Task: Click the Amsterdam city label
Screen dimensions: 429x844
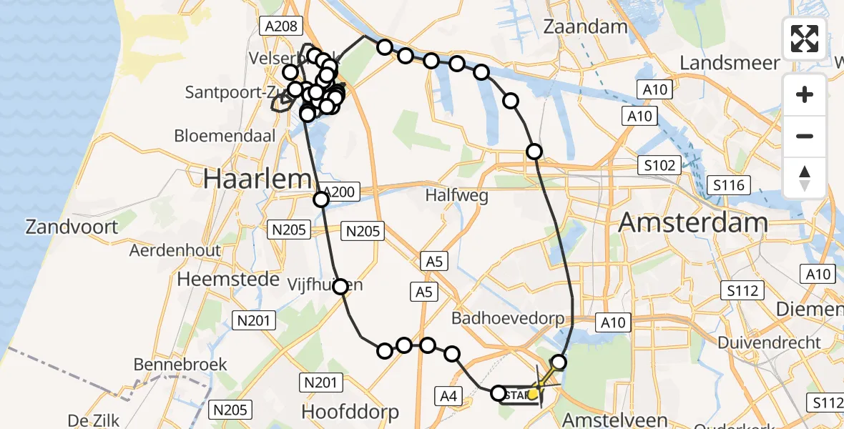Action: pyautogui.click(x=692, y=223)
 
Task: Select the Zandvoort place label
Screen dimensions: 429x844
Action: pyautogui.click(x=72, y=227)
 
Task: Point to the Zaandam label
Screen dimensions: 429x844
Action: pyautogui.click(x=585, y=27)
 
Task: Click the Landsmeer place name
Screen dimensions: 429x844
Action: pyautogui.click(x=730, y=63)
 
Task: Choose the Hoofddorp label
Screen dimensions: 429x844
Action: pyautogui.click(x=350, y=412)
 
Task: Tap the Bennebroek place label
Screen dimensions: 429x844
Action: pyautogui.click(x=180, y=365)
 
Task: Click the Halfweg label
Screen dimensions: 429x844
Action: pyautogui.click(x=456, y=195)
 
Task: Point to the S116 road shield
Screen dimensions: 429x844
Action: pyautogui.click(x=728, y=186)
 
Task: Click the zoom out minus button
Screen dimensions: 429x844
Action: pyautogui.click(x=805, y=136)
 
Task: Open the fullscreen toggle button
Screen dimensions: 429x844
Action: pyautogui.click(x=805, y=39)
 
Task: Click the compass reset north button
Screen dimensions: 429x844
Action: pyautogui.click(x=805, y=177)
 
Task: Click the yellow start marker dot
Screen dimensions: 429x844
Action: pyautogui.click(x=533, y=393)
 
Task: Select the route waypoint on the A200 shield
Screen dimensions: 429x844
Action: pyautogui.click(x=321, y=199)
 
